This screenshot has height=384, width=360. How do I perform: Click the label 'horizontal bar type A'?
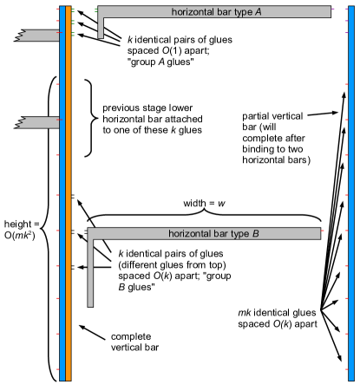(x=213, y=11)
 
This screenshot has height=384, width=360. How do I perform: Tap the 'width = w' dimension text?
(x=206, y=203)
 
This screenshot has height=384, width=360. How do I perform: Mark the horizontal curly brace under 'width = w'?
(x=205, y=215)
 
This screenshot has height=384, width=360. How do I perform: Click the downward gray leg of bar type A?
(x=101, y=27)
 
